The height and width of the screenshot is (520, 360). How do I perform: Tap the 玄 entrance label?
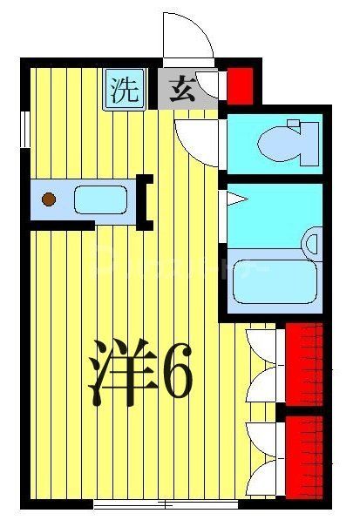pyautogui.click(x=181, y=91)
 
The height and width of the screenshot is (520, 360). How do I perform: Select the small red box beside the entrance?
pyautogui.click(x=241, y=84)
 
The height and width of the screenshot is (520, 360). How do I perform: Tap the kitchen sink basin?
pyautogui.click(x=101, y=200)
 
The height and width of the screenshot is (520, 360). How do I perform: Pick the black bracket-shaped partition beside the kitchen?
pyautogui.click(x=145, y=200)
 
